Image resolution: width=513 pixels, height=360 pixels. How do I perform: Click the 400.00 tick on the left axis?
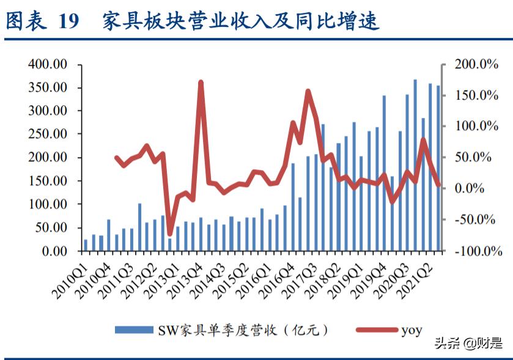pos(47,64)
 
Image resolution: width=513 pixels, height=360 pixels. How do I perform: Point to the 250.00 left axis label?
pos(47,134)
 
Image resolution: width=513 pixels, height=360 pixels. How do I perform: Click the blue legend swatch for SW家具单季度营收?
pos(134,330)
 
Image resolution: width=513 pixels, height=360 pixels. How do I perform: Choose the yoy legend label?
pos(412,331)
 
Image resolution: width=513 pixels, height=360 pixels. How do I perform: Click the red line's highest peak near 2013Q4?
pos(201,83)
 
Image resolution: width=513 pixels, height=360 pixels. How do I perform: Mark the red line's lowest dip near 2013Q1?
pos(170,234)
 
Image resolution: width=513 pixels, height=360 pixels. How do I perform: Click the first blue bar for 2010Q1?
pos(86,245)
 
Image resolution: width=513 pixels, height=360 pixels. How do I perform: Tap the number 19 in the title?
pos(69,21)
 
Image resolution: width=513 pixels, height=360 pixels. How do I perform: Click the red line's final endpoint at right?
pos(438,185)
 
